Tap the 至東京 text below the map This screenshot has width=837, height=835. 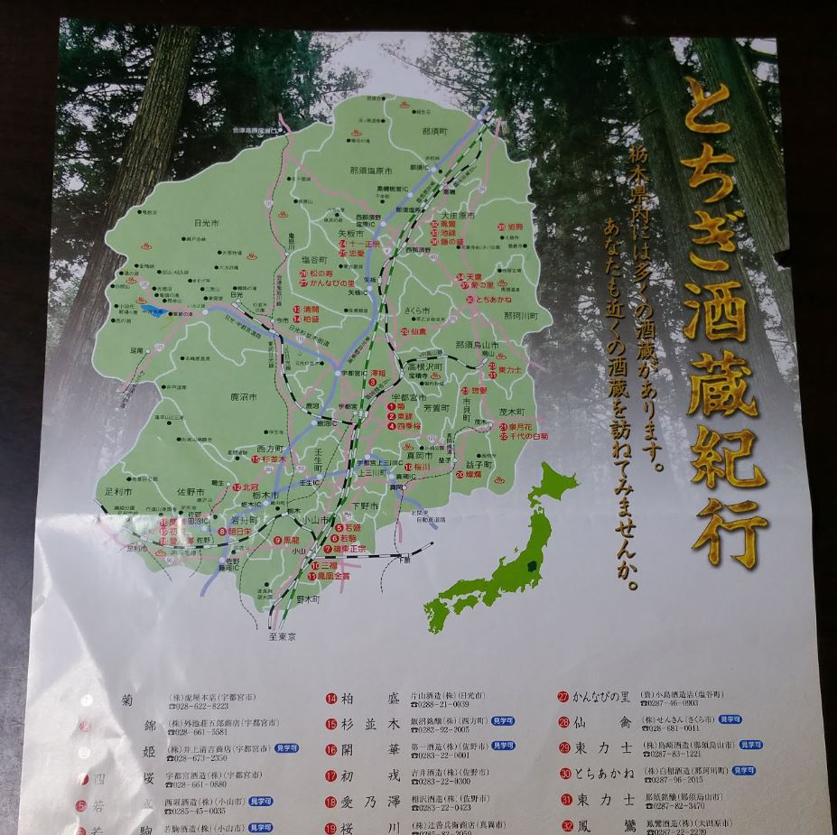pos(282,636)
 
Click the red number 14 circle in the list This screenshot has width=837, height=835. pos(331,699)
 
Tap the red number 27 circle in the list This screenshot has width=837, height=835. pos(563,697)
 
